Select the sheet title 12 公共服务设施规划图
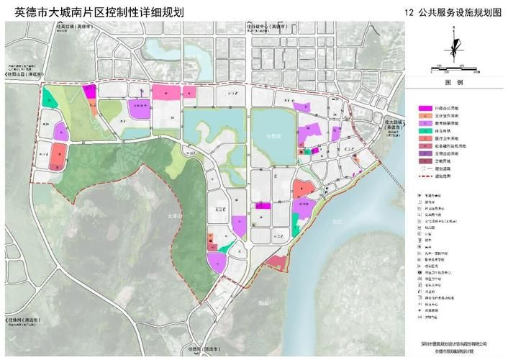451,12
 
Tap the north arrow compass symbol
455,46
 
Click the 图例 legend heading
454,84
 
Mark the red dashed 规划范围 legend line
424,174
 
